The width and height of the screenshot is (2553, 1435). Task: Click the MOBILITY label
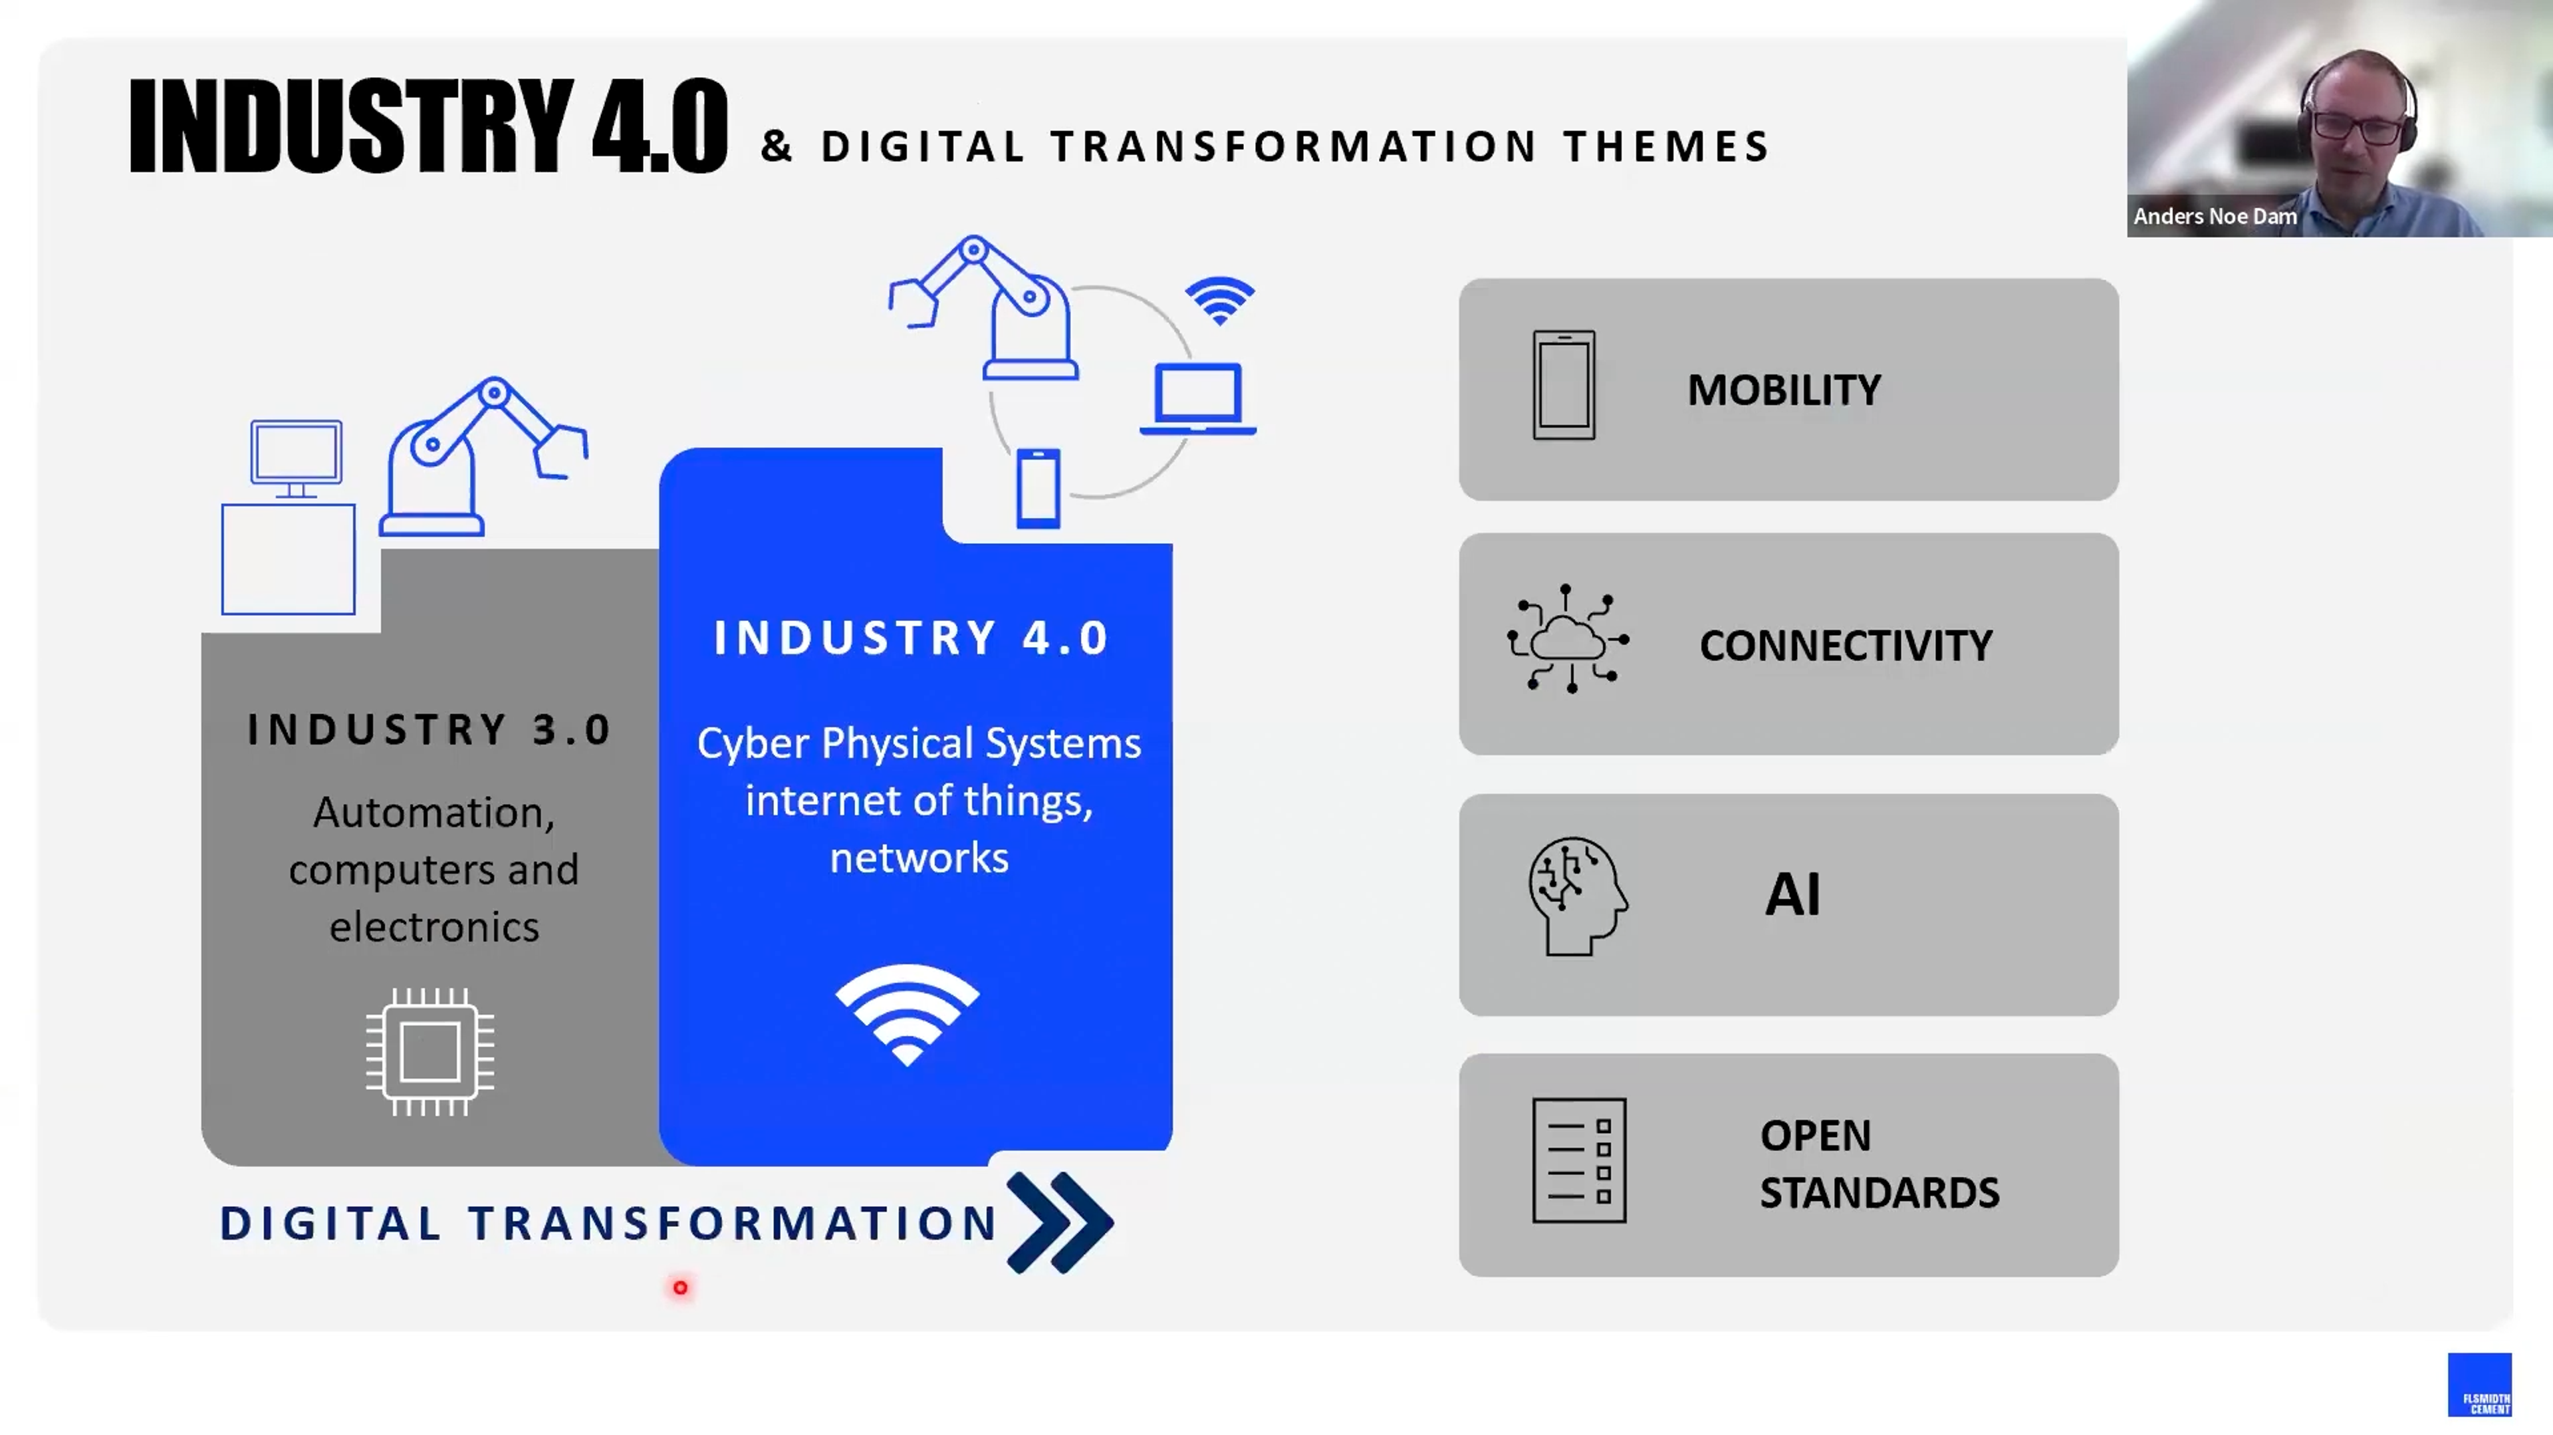[x=1783, y=390]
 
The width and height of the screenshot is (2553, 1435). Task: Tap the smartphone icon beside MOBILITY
[x=1564, y=384]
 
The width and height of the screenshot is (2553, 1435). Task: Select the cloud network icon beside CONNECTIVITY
[x=1567, y=639]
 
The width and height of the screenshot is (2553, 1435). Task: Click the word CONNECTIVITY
[x=1846, y=645]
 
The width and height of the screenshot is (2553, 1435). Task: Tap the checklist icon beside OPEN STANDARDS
[x=1579, y=1160]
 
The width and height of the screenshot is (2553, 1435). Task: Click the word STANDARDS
[x=1879, y=1193]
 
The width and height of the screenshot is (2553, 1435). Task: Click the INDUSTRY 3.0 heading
[x=429, y=729]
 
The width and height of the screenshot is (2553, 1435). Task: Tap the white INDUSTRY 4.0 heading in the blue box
[x=911, y=637]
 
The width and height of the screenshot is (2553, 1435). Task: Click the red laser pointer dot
[x=681, y=1287]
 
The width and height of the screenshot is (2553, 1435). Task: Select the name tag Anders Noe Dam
[x=2214, y=216]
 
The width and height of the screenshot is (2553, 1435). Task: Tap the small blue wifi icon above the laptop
[x=1220, y=299]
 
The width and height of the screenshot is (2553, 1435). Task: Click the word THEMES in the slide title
[x=1667, y=147]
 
